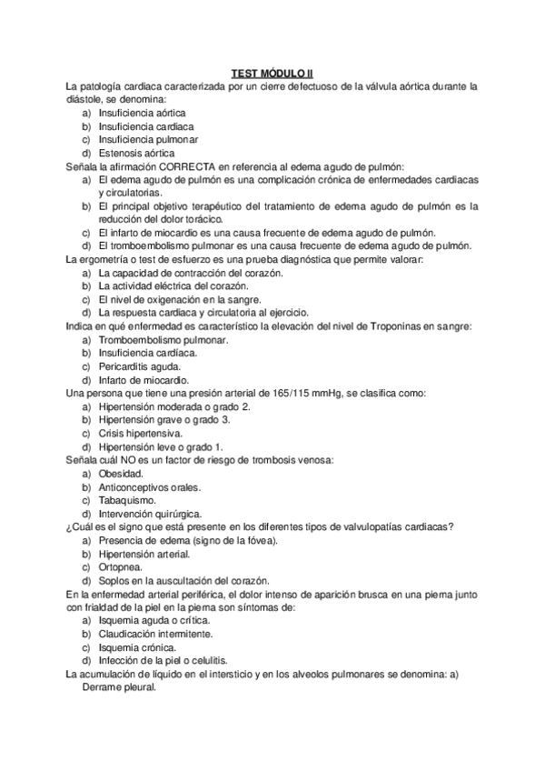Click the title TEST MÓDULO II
(272, 74)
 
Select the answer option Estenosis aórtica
(136, 153)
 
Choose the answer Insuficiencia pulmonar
(148, 140)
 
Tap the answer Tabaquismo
(127, 500)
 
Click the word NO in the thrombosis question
(137, 460)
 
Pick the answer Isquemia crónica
(140, 646)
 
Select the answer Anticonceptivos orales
(151, 487)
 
